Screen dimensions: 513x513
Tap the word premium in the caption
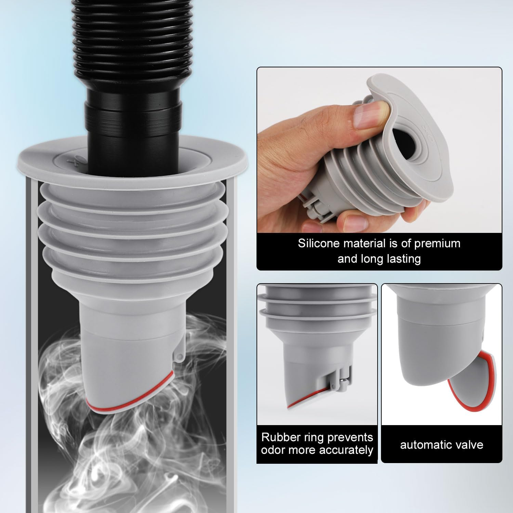click(437, 244)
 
